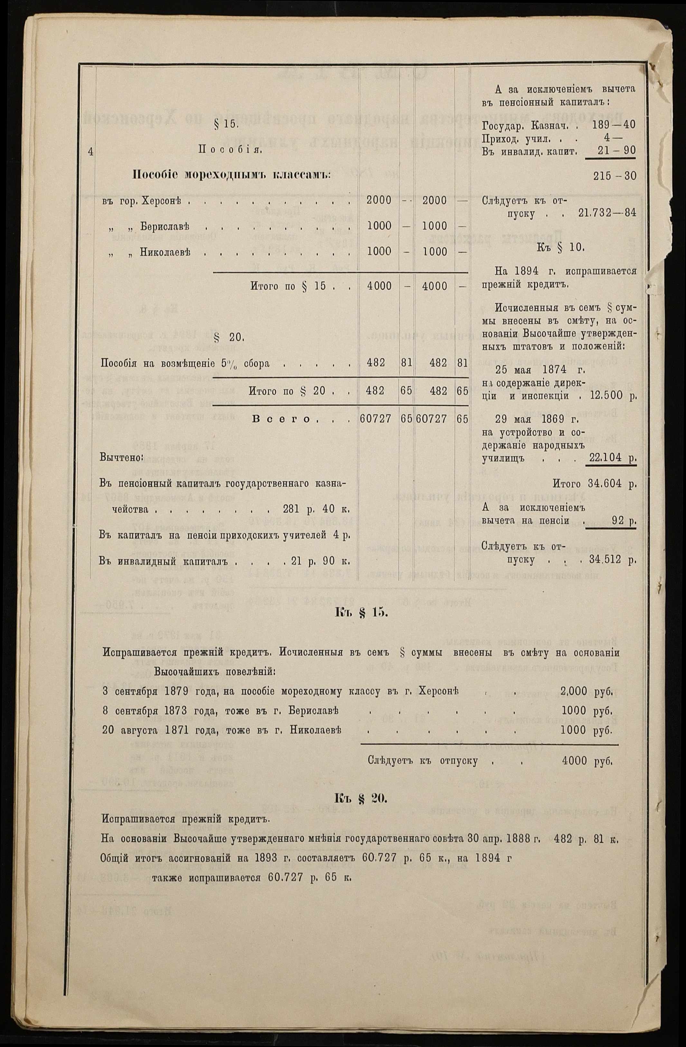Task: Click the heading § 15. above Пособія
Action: (226, 125)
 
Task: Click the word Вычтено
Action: (120, 458)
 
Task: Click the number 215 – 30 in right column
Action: (614, 176)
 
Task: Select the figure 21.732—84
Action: (607, 214)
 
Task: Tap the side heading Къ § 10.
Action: (560, 248)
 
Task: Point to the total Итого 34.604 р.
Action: (594, 484)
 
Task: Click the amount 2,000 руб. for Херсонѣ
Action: (587, 691)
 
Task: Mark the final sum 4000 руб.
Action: (587, 761)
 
